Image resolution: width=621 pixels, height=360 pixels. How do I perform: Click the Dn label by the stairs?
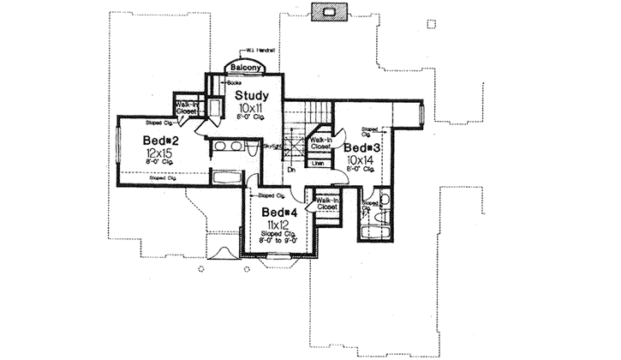(x=291, y=170)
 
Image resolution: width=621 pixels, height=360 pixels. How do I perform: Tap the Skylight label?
(x=272, y=147)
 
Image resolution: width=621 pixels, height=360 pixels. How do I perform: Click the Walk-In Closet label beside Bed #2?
(x=187, y=106)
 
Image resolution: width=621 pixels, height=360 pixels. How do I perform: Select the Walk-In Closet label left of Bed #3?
(x=320, y=143)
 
